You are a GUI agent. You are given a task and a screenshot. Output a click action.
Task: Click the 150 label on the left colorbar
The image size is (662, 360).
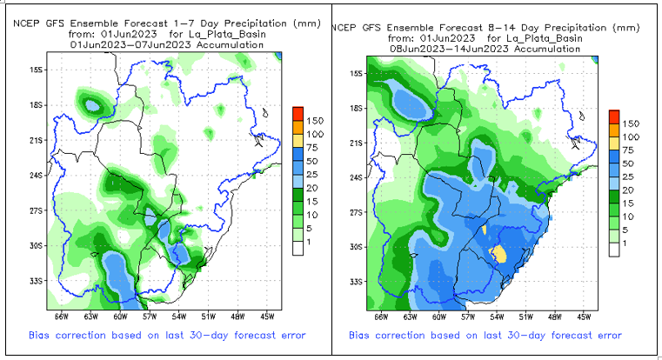click(316, 119)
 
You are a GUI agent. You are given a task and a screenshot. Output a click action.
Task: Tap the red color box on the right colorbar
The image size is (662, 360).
click(613, 117)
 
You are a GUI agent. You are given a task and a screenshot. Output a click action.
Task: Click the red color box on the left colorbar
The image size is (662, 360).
click(298, 112)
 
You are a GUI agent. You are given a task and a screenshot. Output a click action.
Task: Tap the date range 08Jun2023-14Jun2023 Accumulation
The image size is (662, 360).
click(485, 49)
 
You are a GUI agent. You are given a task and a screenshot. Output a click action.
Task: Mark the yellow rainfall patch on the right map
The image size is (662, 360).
click(498, 253)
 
